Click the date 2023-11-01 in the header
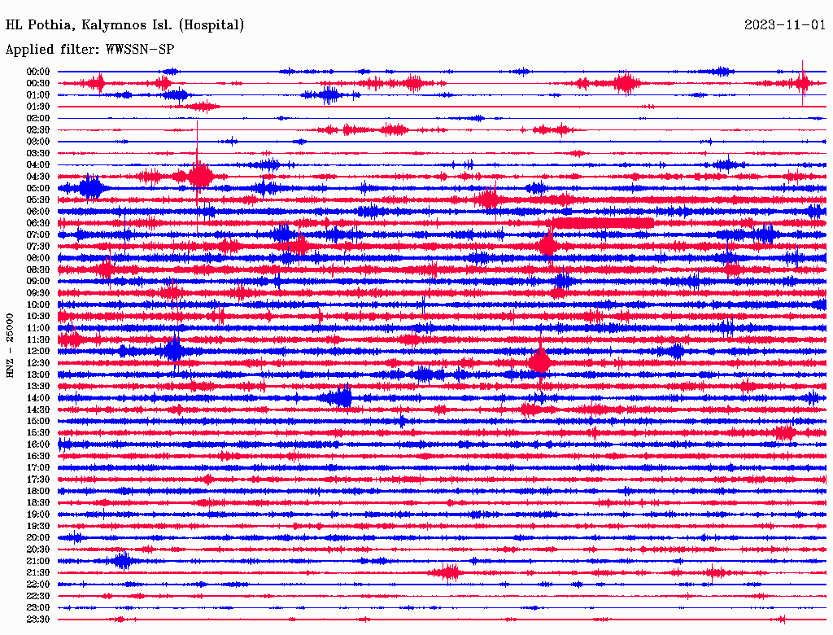click(x=784, y=25)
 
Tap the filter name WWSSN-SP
click(x=140, y=50)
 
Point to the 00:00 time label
click(x=38, y=72)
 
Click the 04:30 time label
click(x=38, y=177)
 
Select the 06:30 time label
click(x=38, y=223)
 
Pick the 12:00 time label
click(x=38, y=352)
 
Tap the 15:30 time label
click(x=38, y=433)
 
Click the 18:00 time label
click(x=38, y=492)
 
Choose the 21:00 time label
click(x=38, y=562)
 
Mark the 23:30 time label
click(x=38, y=620)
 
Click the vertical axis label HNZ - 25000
click(x=11, y=345)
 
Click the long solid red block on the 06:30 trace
click(x=602, y=223)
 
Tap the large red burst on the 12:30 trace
click(x=539, y=361)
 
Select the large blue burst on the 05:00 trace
click(x=91, y=188)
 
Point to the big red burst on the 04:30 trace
click(x=200, y=175)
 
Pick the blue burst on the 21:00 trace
click(x=122, y=561)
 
